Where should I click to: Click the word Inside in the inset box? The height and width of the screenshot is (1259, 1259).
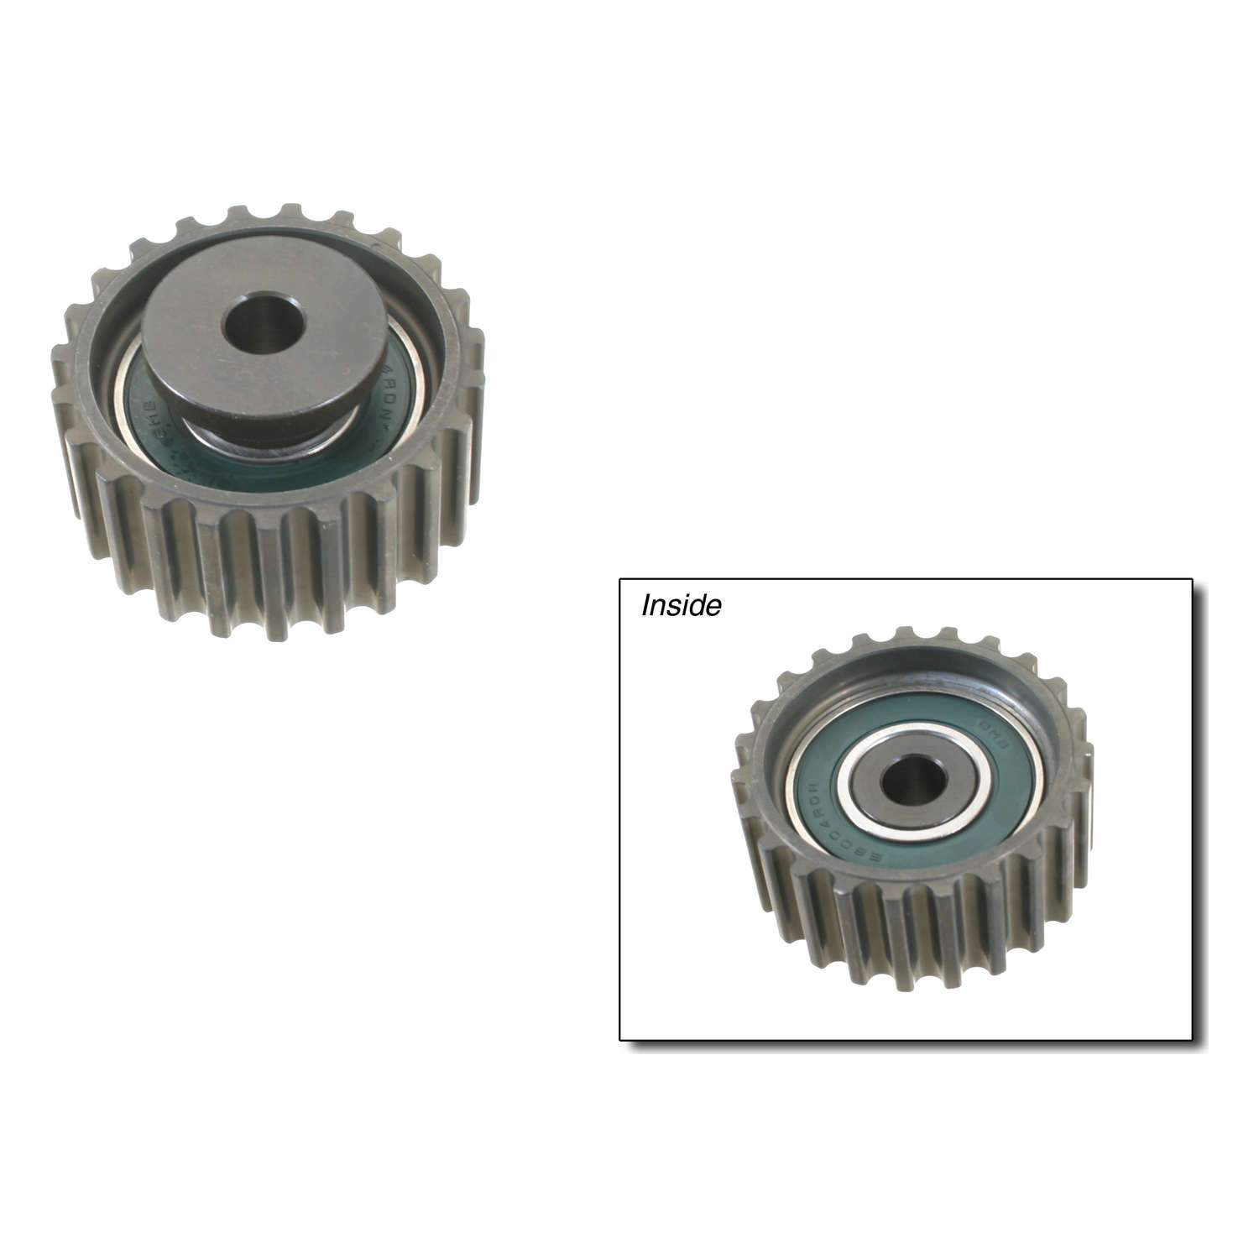[x=681, y=606]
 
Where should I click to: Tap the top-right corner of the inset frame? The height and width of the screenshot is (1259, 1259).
[x=1192, y=579]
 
